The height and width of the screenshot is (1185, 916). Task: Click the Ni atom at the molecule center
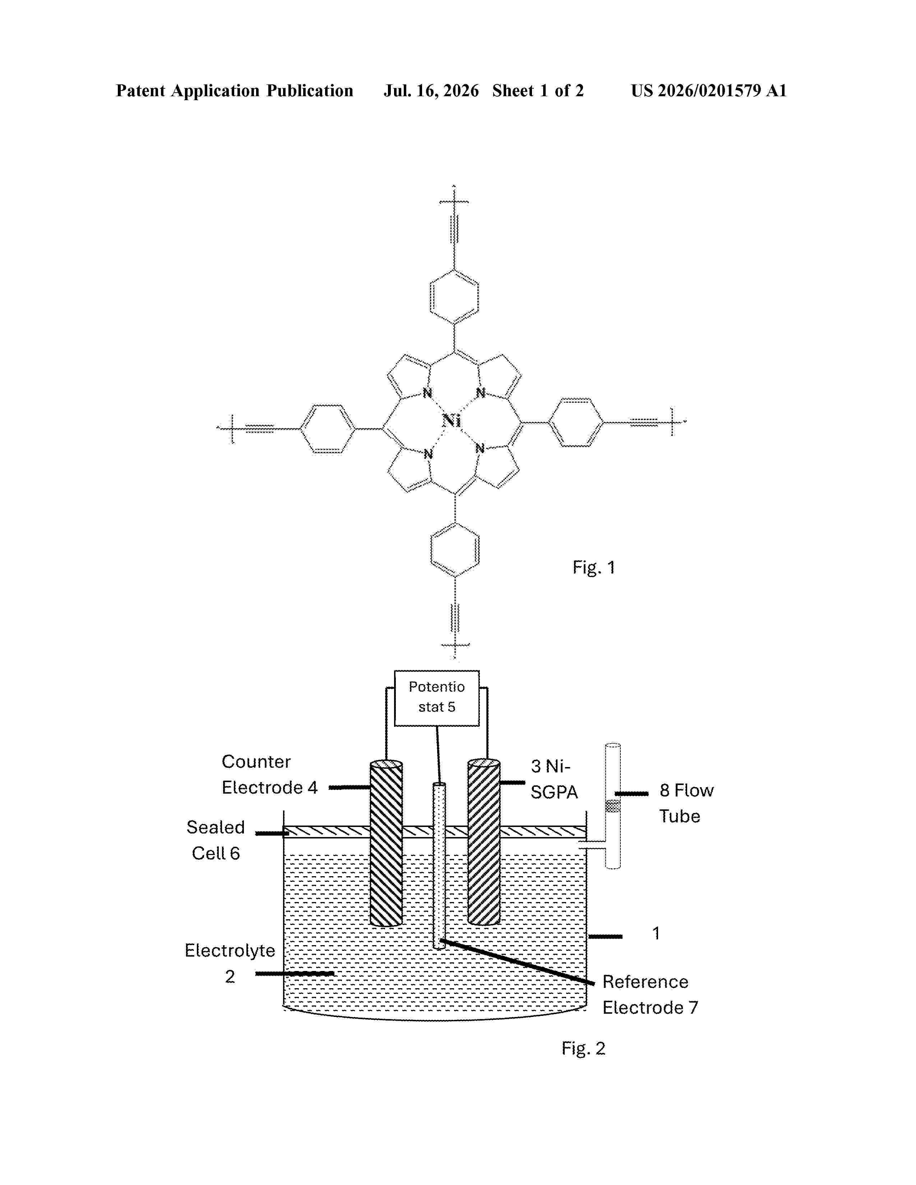tap(452, 420)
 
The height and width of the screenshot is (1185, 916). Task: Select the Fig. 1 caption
tap(594, 567)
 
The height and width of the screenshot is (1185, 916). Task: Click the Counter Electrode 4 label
tap(269, 774)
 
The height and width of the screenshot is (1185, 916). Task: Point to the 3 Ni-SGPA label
tap(554, 779)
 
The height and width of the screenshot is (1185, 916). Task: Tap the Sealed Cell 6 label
tap(216, 840)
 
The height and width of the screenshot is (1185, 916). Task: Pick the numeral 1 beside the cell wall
tap(656, 933)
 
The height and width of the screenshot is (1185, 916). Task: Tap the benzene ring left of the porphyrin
tap(327, 429)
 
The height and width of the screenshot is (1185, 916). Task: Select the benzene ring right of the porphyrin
tap(576, 422)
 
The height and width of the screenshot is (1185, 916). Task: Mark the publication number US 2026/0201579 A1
tap(709, 90)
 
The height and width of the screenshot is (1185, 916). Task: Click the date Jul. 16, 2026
tap(431, 90)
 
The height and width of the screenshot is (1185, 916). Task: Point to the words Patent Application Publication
tap(235, 90)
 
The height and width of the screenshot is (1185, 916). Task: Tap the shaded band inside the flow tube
tap(613, 806)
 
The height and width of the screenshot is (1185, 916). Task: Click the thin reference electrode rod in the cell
tap(439, 865)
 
